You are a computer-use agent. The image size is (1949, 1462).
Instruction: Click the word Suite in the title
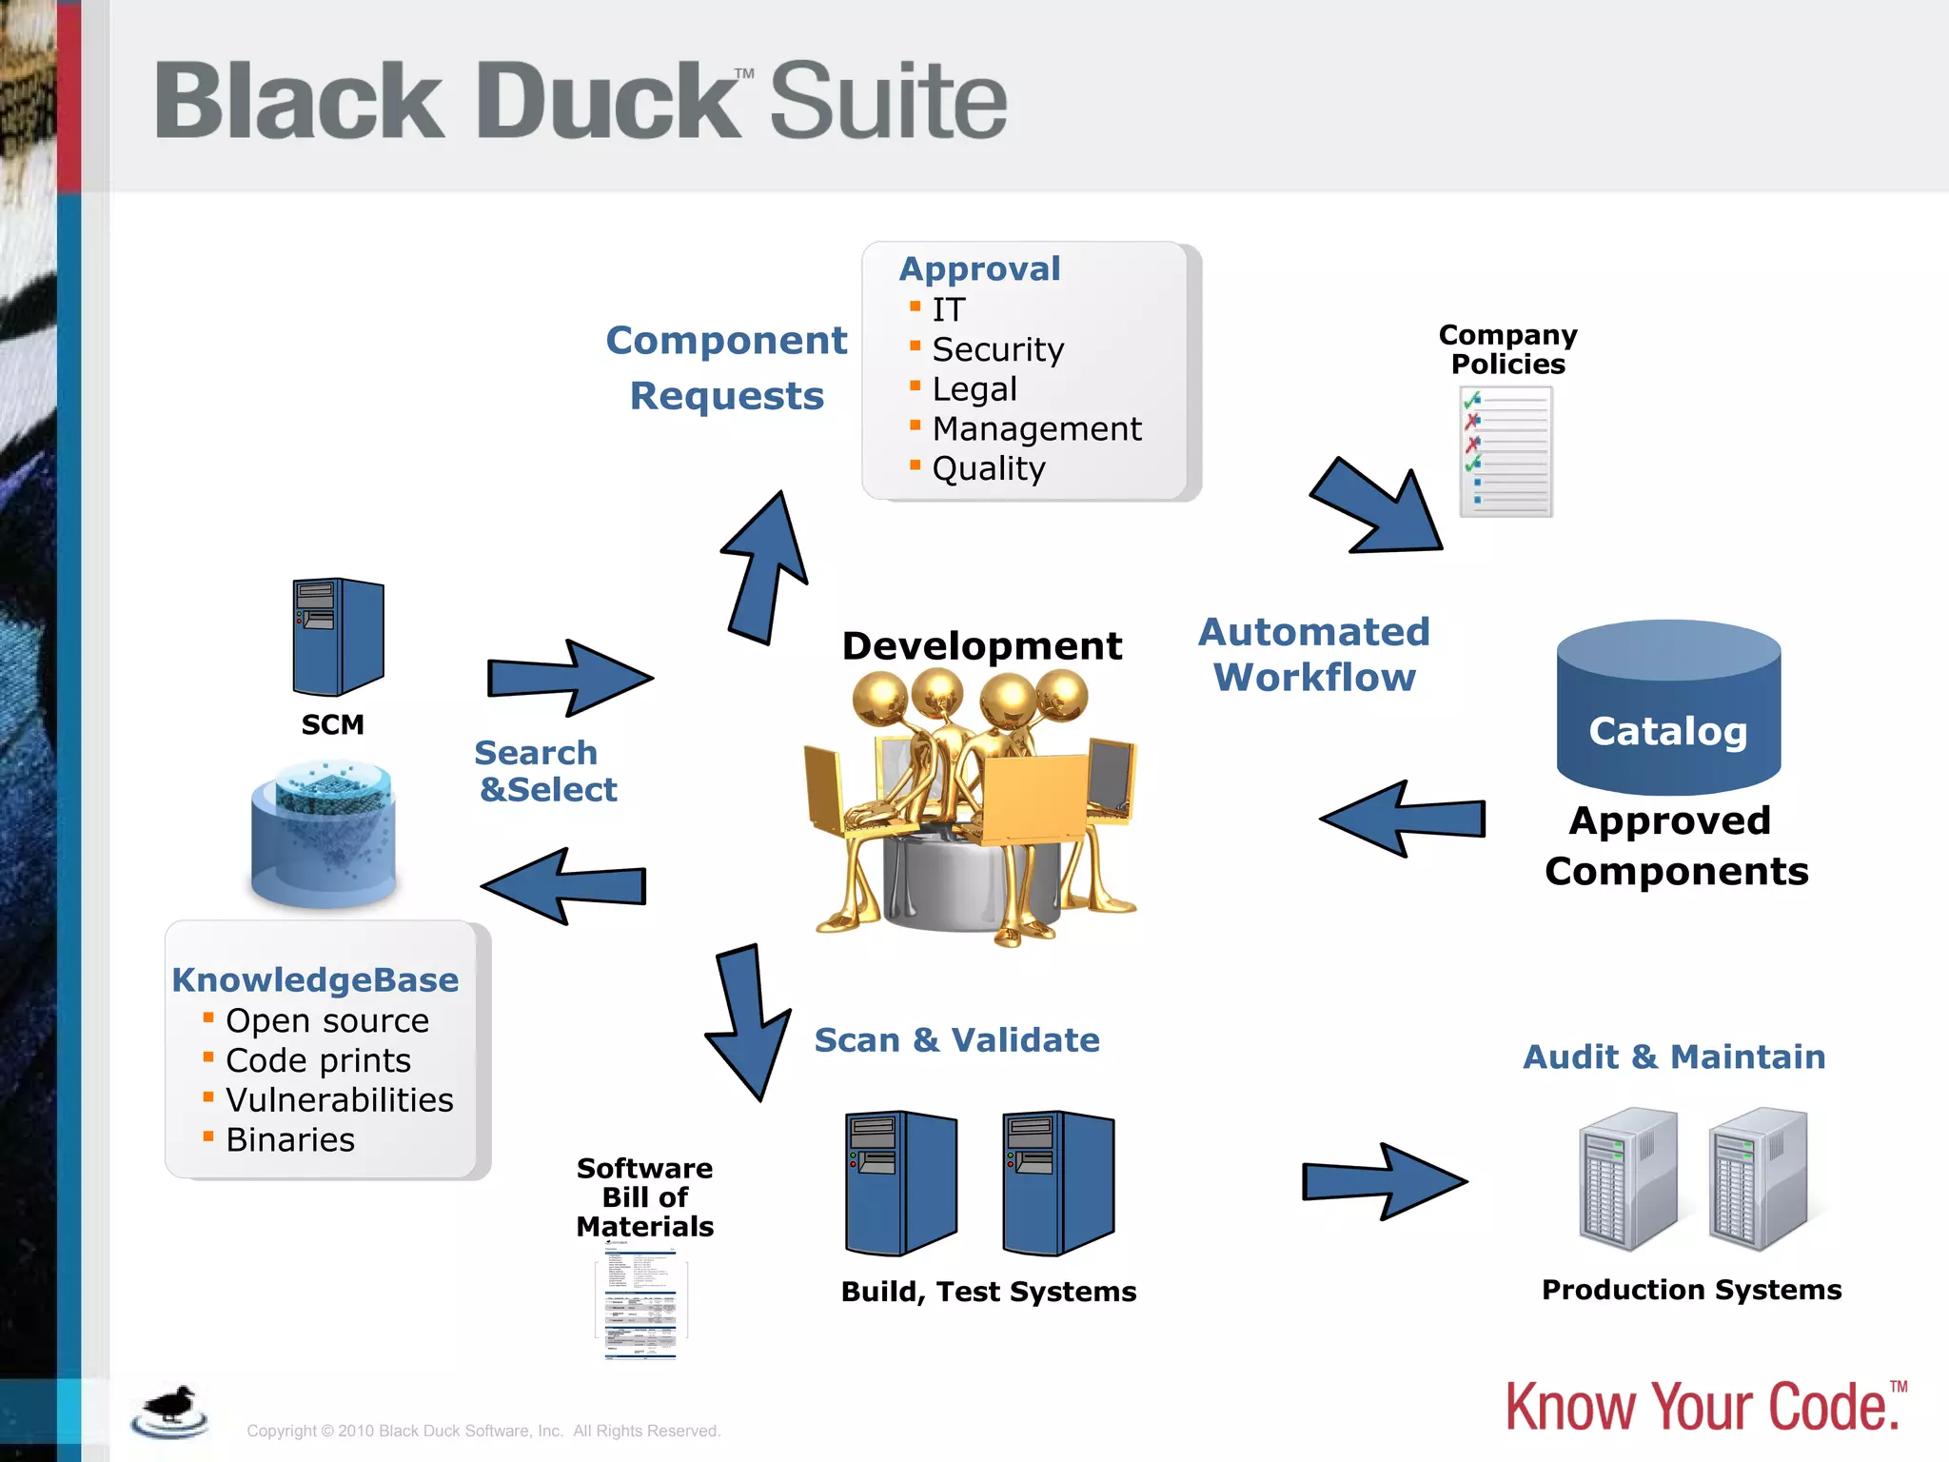[887, 101]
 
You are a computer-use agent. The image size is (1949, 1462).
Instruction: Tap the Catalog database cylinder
[1667, 709]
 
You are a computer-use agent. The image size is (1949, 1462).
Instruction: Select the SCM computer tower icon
[338, 637]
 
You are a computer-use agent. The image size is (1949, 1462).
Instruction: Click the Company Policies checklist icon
[1506, 452]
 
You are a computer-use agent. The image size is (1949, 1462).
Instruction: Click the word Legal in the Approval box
[974, 389]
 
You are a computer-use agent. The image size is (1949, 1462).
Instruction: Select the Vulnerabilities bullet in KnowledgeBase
[339, 1100]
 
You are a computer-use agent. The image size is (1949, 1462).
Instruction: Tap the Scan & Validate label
[956, 1040]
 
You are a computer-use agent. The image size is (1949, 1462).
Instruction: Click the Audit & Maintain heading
[1674, 1057]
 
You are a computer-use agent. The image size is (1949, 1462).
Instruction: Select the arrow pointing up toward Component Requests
[767, 568]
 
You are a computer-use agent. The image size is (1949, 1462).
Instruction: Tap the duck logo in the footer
[170, 1411]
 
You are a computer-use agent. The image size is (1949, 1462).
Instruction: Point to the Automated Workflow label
[1314, 655]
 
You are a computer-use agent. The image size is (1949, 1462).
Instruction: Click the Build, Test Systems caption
[988, 1292]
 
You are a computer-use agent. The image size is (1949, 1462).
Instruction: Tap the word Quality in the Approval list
[988, 469]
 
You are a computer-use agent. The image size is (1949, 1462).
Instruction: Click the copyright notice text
[483, 1431]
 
